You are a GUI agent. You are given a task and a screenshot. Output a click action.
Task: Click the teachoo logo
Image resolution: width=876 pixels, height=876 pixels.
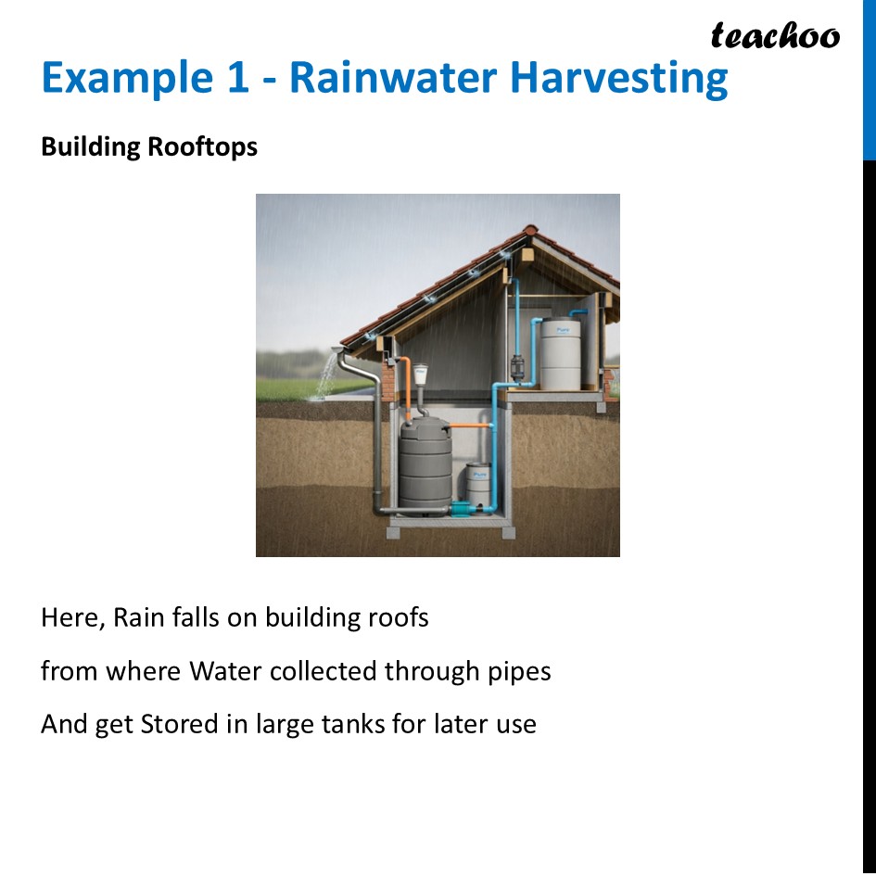[x=775, y=35]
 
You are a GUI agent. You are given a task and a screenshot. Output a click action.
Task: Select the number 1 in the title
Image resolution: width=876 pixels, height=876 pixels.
[x=233, y=78]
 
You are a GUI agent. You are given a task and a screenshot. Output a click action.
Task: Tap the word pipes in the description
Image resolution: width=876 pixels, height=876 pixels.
[x=519, y=671]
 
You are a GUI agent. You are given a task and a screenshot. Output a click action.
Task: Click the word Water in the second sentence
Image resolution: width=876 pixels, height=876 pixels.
[x=225, y=670]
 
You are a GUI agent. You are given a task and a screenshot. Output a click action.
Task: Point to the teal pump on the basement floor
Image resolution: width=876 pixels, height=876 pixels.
[x=460, y=508]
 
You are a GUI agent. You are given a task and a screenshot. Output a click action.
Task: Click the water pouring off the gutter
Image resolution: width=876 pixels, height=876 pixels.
[x=326, y=375]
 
